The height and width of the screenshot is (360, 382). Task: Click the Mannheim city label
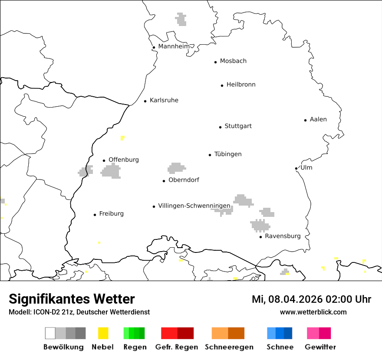click(x=174, y=46)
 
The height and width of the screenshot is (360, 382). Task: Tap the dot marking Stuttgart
click(x=220, y=127)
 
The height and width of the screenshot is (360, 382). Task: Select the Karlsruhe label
click(x=164, y=100)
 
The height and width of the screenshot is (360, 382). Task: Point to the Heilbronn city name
click(x=241, y=85)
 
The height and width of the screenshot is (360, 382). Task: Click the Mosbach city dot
click(x=215, y=62)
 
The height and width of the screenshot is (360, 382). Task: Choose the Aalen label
click(x=318, y=119)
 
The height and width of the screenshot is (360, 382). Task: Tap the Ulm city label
click(x=306, y=167)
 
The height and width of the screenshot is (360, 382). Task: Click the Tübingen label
click(x=228, y=154)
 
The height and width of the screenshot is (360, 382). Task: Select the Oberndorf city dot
click(x=164, y=181)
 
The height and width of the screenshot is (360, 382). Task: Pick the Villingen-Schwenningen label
click(x=194, y=206)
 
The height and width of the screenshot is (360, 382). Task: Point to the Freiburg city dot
click(x=95, y=215)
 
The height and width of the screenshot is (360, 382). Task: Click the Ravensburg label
click(x=283, y=236)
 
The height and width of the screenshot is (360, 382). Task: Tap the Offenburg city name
click(x=124, y=160)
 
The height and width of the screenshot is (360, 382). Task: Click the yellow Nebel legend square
click(x=103, y=333)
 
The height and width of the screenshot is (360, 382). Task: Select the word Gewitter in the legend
click(x=320, y=347)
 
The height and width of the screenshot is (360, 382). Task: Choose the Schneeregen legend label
click(x=229, y=347)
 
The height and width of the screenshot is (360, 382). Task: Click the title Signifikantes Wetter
click(x=72, y=299)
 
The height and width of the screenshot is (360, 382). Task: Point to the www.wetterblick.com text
click(x=313, y=312)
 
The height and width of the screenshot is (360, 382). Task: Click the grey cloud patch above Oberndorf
click(x=176, y=168)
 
